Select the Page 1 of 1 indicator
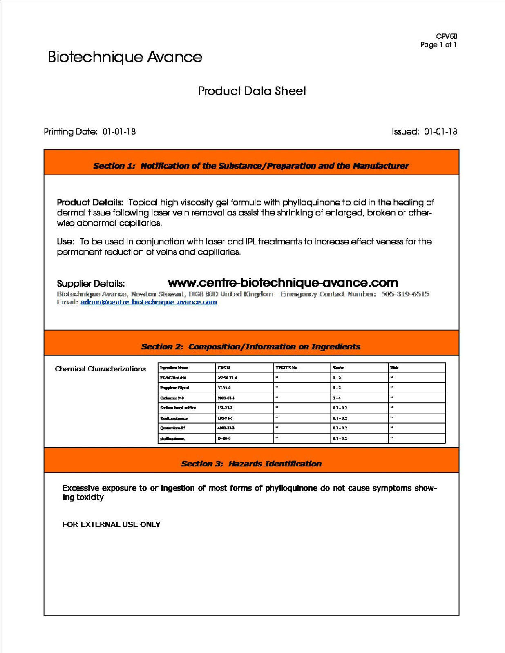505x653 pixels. point(438,45)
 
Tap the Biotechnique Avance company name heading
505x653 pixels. point(125,57)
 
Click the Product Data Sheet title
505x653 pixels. point(252,91)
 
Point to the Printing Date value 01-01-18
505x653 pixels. point(119,132)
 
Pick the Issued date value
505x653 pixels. point(440,132)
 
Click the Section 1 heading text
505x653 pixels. point(251,166)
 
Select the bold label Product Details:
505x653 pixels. point(90,202)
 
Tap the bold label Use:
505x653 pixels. point(65,242)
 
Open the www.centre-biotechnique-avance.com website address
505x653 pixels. point(283,282)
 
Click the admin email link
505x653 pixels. point(149,302)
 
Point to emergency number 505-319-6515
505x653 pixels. point(405,294)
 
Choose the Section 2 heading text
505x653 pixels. point(251,346)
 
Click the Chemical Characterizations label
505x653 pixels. point(100,369)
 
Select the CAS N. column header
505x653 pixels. point(224,368)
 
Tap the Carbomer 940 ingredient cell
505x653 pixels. point(172,398)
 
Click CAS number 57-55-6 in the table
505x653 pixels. point(224,388)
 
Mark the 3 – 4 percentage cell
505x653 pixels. point(337,398)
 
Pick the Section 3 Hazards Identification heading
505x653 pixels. point(251,464)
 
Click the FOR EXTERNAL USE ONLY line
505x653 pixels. point(111,524)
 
